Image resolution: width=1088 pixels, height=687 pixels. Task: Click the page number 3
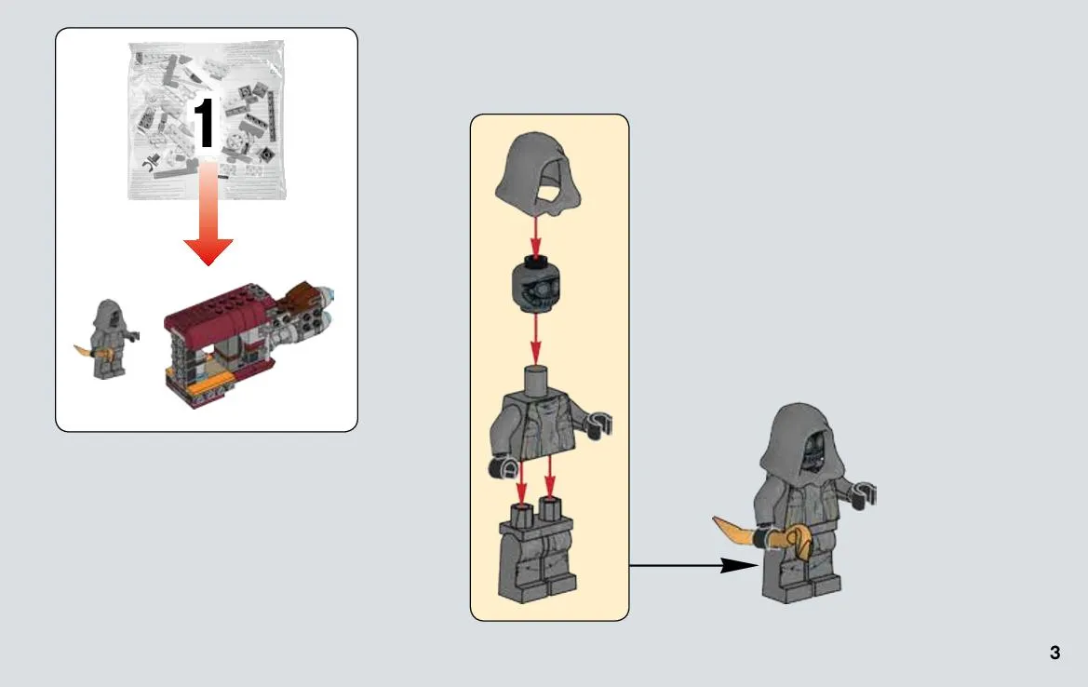coord(1054,653)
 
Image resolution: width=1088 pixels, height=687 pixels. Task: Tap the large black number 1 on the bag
coord(204,123)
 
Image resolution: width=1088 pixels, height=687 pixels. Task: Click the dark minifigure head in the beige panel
coord(536,285)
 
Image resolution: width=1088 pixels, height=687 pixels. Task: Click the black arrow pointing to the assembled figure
coord(694,566)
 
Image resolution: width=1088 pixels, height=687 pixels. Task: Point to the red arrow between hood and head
coord(535,236)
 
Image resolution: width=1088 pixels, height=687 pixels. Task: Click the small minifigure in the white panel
coord(108,340)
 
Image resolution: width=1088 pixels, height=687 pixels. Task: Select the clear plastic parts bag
coord(207,120)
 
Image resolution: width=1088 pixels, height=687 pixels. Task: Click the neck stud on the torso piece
coord(536,381)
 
